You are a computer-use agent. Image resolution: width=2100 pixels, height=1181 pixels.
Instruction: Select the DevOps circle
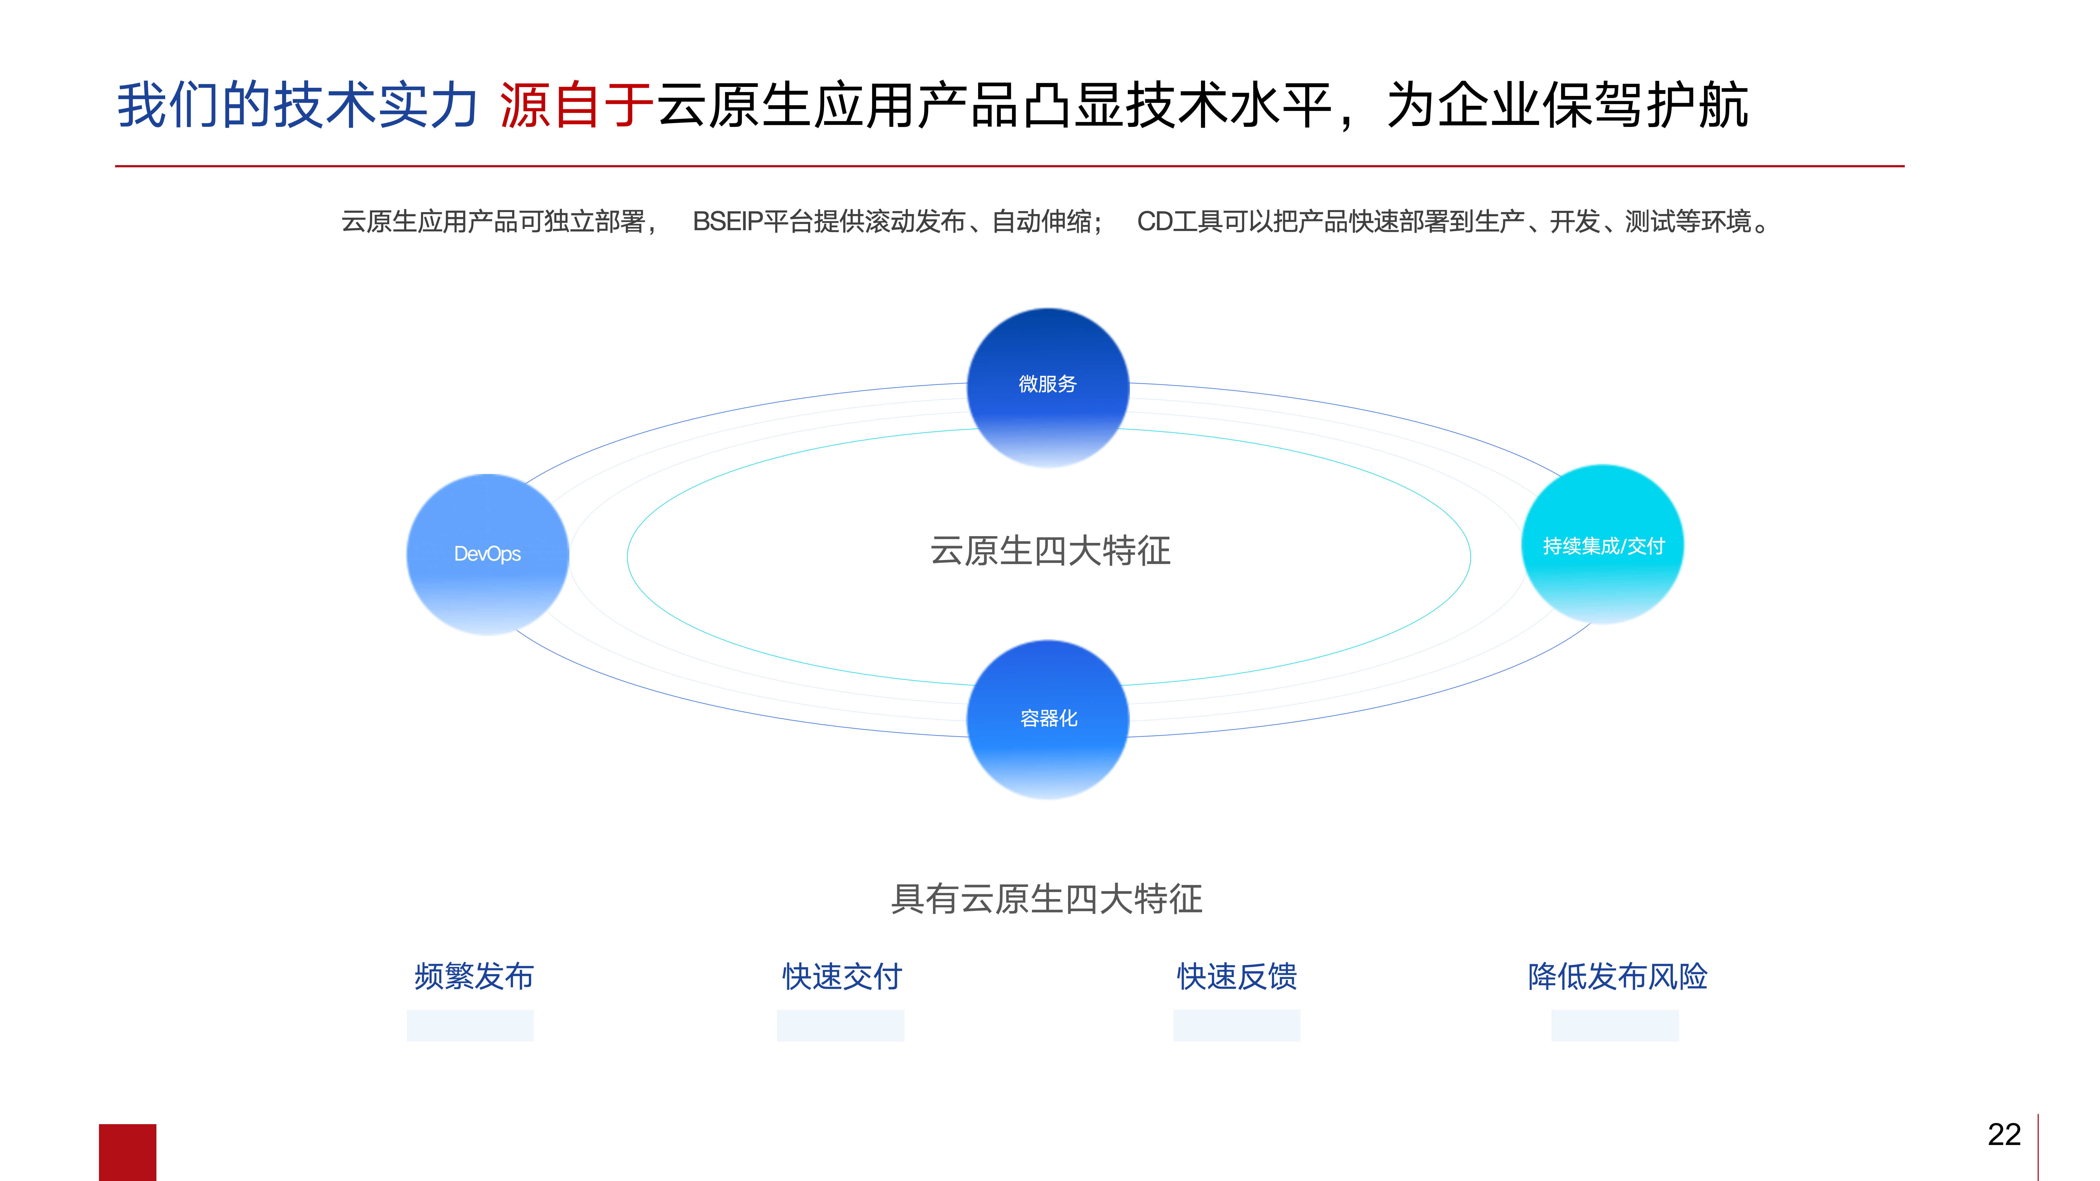488,554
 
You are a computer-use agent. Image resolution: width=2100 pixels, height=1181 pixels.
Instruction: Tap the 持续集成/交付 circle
1603,545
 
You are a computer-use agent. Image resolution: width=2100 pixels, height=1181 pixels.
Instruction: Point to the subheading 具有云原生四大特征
1047,899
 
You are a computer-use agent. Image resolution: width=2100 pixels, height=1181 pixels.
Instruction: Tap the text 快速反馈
1237,976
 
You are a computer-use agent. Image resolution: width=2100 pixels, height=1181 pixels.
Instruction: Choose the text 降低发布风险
1617,976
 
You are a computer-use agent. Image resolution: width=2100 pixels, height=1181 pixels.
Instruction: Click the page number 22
2004,1135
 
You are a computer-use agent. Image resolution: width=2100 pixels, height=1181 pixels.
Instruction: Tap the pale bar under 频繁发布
470,1025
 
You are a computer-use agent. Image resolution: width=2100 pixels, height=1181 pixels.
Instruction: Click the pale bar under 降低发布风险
1615,1025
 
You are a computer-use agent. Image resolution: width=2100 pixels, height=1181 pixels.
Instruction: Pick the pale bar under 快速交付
841,1025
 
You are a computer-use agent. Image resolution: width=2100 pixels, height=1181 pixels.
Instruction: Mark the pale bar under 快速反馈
1237,1025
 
